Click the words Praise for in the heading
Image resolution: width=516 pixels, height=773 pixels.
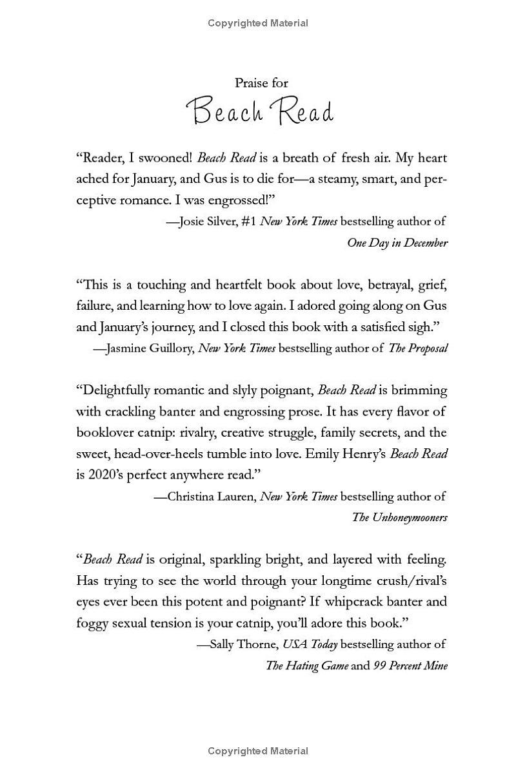tap(261, 83)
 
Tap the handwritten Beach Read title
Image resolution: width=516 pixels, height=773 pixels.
tap(260, 111)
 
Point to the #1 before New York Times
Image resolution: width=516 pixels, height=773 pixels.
tap(248, 222)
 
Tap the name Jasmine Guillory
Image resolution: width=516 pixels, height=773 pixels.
tap(148, 348)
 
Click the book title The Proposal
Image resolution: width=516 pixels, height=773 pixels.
tap(417, 348)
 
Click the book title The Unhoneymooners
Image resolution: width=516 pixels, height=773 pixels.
tap(399, 517)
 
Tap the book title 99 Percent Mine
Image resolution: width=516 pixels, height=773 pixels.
tap(410, 665)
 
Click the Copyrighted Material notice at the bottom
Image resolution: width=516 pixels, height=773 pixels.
tap(258, 751)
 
